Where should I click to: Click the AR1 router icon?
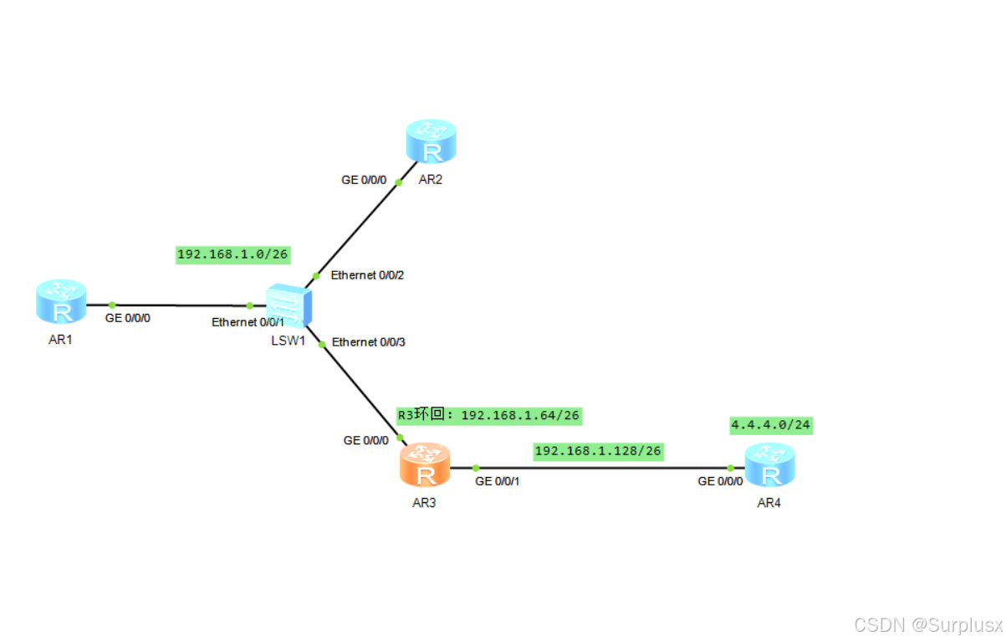pos(61,302)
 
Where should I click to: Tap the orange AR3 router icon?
pos(425,465)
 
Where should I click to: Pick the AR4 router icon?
pos(770,465)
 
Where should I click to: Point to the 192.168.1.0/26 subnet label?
pos(233,254)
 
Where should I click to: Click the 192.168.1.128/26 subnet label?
pos(598,451)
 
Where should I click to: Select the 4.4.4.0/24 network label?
pos(771,425)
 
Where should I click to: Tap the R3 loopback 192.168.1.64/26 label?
pos(488,415)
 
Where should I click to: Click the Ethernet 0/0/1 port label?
pos(248,322)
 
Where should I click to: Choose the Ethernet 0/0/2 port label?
pos(368,275)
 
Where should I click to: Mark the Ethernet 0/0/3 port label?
pos(369,342)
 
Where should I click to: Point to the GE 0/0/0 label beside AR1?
pos(128,319)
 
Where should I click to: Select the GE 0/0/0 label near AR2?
pos(364,180)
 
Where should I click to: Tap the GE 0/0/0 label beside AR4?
pos(721,482)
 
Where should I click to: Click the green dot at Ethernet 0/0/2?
pos(316,275)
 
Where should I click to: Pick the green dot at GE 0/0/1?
pos(475,468)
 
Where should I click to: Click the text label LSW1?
pos(288,341)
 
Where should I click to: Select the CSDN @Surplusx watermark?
pos(928,624)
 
